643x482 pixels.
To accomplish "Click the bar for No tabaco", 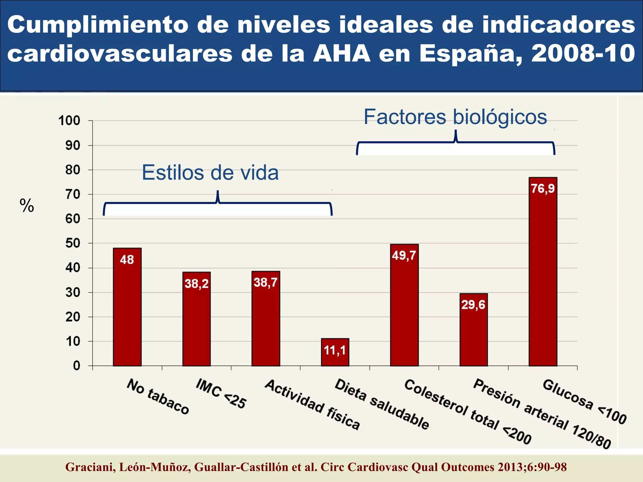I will click(127, 308).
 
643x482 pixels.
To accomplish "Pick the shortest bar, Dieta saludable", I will click(335, 353).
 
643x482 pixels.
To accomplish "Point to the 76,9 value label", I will click(543, 189).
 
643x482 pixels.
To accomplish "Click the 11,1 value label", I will click(335, 350).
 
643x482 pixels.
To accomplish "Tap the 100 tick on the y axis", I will click(69, 120).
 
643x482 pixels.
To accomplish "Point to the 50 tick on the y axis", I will click(73, 243).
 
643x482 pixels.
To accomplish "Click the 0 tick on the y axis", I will click(77, 366).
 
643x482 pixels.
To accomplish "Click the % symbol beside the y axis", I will click(27, 206).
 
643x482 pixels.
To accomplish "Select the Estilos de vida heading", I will click(210, 173).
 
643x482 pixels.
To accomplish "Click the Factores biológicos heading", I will click(455, 117).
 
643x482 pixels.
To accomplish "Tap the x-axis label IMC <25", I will click(221, 394).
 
